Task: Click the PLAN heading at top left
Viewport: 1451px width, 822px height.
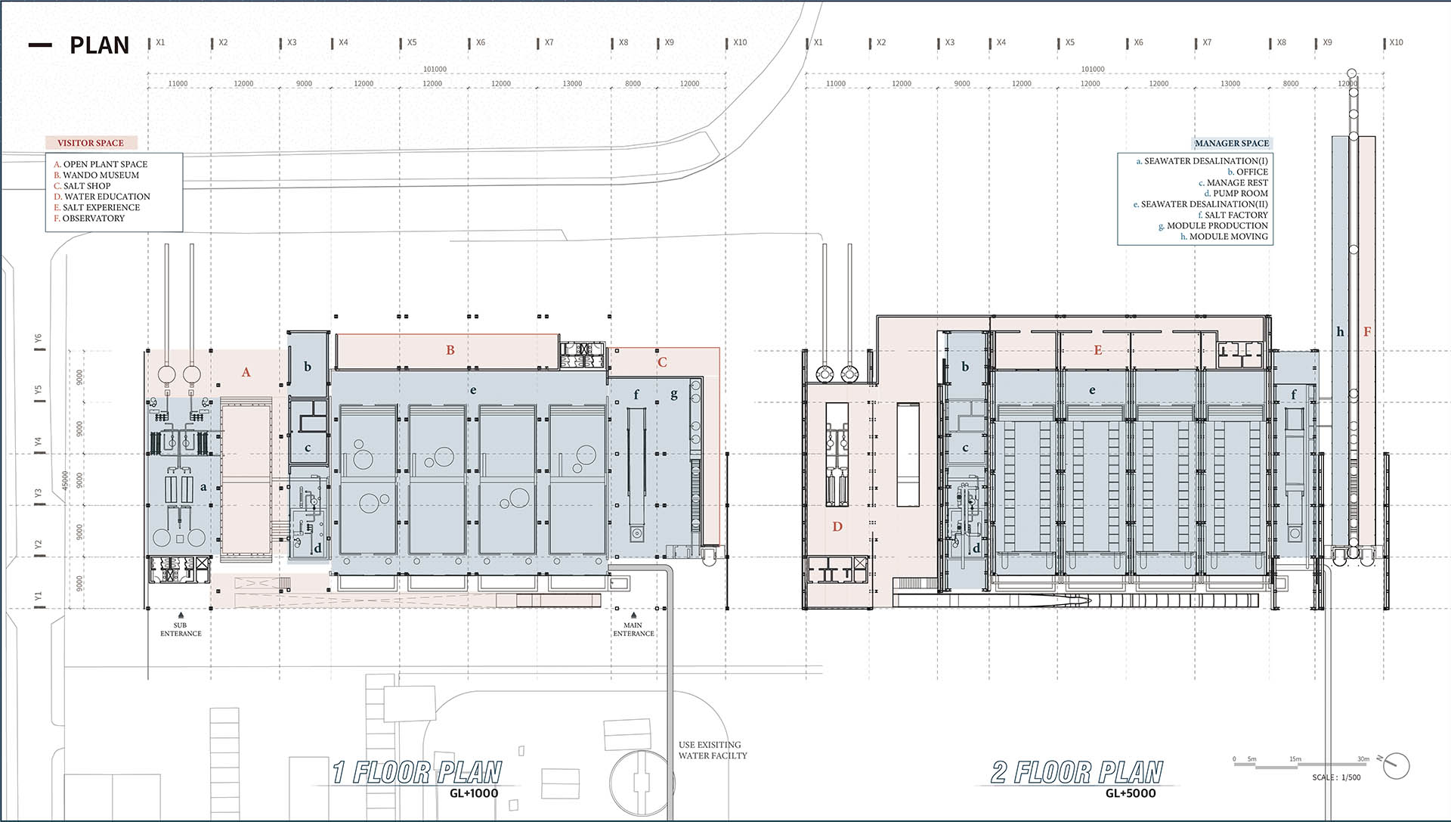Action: point(99,45)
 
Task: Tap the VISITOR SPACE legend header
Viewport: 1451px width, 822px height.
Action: point(91,143)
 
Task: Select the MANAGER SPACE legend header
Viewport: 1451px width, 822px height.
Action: point(1232,143)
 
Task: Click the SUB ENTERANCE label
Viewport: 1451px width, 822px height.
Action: point(181,629)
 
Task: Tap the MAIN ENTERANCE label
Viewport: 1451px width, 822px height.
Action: point(633,629)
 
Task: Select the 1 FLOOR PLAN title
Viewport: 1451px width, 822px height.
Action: point(416,772)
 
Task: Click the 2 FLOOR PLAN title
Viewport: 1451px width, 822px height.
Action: point(1076,772)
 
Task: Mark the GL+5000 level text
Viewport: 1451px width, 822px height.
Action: point(1131,793)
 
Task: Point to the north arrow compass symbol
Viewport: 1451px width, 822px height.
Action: point(1396,765)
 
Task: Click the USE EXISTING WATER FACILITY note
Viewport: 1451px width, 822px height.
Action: point(713,750)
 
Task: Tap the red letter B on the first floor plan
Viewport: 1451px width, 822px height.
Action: point(450,350)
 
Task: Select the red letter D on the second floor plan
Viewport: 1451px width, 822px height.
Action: point(837,526)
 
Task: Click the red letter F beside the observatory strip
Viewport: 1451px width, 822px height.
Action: point(1367,331)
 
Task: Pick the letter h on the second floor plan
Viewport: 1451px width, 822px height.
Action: point(1340,331)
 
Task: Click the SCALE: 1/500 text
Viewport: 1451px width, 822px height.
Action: point(1336,777)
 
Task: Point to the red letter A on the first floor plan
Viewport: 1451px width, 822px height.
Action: point(246,372)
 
